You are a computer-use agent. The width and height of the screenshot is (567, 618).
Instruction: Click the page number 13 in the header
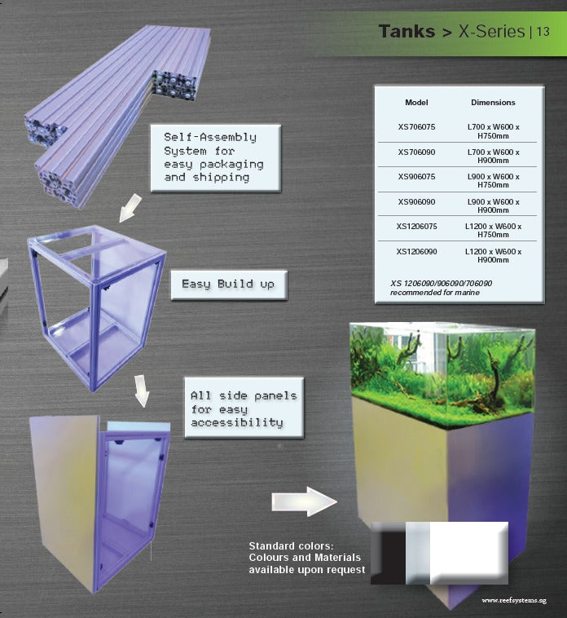pos(543,32)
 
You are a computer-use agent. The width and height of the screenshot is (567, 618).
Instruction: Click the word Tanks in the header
pos(407,32)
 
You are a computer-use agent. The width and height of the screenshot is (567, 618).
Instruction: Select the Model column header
pos(416,103)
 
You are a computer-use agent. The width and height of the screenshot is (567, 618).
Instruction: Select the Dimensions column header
pos(493,103)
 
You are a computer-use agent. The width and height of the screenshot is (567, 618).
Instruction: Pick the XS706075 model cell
pos(416,127)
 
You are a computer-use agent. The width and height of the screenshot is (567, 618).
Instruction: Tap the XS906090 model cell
pos(416,202)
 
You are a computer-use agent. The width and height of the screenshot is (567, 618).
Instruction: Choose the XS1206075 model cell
pos(416,226)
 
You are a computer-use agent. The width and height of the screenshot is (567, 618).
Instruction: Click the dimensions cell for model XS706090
pos(494,156)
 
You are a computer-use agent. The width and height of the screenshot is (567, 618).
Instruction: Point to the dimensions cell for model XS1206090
pos(494,255)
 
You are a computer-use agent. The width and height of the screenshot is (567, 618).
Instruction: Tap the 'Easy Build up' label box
pos(229,285)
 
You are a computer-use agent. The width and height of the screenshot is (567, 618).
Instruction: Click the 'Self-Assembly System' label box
pos(216,158)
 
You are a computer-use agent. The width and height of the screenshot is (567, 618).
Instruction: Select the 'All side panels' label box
pos(244,408)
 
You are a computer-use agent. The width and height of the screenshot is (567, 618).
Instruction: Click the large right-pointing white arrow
pos(305,501)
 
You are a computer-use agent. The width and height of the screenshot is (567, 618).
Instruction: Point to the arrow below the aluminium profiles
pos(130,208)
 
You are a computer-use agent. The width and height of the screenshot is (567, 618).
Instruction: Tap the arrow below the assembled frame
pos(142,391)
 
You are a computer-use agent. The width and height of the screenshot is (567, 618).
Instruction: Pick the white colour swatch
pos(468,553)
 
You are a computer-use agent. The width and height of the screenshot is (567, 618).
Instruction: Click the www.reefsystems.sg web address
pos(514,601)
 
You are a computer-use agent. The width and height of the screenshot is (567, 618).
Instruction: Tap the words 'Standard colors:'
pos(291,546)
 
